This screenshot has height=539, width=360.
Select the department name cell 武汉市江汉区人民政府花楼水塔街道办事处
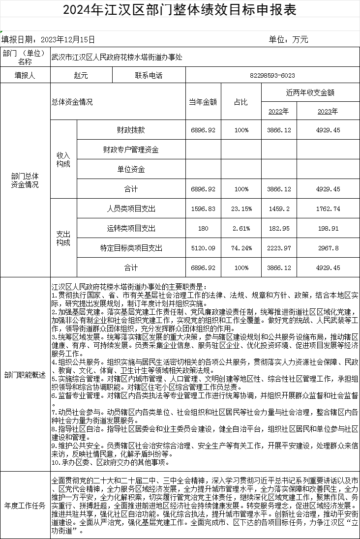pyautogui.click(x=117, y=57)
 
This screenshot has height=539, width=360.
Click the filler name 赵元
pyautogui.click(x=81, y=75)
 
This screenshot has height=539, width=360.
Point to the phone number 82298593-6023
pyautogui.click(x=272, y=75)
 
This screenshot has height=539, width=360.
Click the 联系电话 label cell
pyautogui.click(x=149, y=75)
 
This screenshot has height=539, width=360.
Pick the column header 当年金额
pyautogui.click(x=203, y=102)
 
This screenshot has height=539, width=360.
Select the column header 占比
pyautogui.click(x=241, y=102)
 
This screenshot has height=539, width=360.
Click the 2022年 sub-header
pyautogui.click(x=278, y=111)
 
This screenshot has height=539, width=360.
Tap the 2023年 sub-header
pyautogui.click(x=328, y=111)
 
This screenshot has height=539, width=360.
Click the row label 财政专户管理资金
pyautogui.click(x=131, y=149)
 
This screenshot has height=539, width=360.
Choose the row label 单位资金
pyautogui.click(x=131, y=169)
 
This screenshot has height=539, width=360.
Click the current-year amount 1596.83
pyautogui.click(x=203, y=209)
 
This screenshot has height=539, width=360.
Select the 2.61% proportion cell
pyautogui.click(x=241, y=228)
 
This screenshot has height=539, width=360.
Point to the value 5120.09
pyautogui.click(x=203, y=248)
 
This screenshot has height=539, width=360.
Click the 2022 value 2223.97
pyautogui.click(x=278, y=248)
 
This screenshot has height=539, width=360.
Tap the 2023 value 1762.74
pyautogui.click(x=328, y=209)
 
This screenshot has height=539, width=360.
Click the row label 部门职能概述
pyautogui.click(x=25, y=375)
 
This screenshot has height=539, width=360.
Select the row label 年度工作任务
pyautogui.click(x=25, y=505)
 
